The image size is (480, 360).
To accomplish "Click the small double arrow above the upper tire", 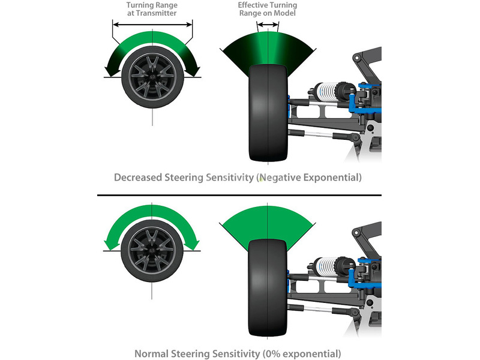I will pos(267,25).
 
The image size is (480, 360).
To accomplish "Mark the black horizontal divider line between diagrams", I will pos(240,195).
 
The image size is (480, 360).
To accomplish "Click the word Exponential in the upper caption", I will pos(333,178).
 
